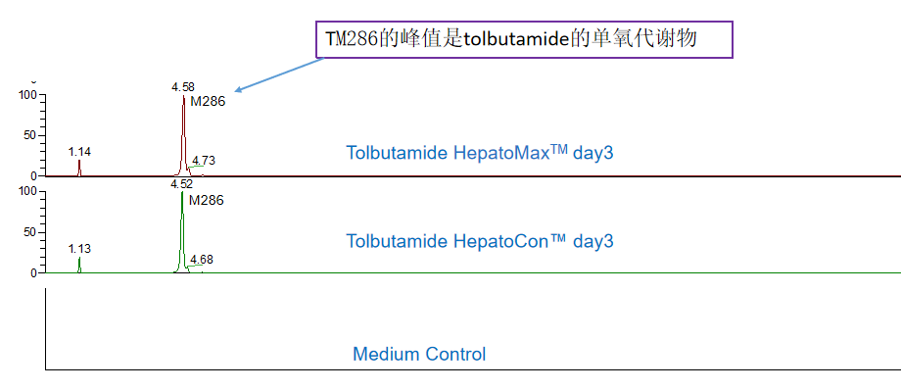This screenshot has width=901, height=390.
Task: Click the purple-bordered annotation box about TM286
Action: [x=524, y=40]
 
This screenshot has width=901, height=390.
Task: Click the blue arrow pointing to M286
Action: [x=279, y=74]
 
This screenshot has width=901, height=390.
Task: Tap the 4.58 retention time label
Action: [x=183, y=87]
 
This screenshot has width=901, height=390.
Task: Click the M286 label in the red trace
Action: [x=208, y=100]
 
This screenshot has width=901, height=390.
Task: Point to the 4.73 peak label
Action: [x=204, y=160]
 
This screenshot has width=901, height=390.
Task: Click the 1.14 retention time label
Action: [x=79, y=152]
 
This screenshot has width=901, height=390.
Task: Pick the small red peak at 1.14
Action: [x=79, y=169]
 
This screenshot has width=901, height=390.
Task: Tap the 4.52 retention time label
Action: [x=181, y=183]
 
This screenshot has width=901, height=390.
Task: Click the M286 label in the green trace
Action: [x=206, y=200]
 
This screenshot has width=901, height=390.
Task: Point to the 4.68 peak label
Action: [x=201, y=259]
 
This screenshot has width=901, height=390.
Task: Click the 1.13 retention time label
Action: [x=79, y=249]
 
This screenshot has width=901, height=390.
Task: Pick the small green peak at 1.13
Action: [x=79, y=266]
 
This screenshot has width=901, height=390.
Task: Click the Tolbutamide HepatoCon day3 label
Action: [x=480, y=241]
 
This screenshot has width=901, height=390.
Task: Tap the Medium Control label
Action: [x=419, y=354]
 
